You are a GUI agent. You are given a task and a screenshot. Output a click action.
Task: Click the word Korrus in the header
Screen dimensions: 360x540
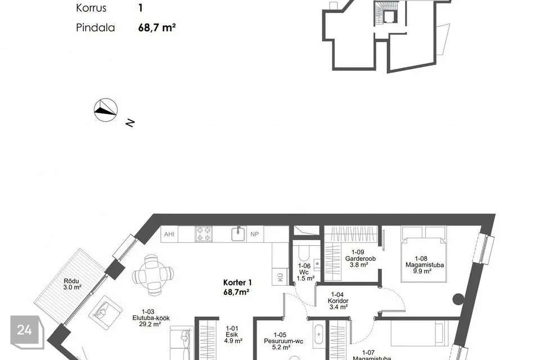coord(91,8)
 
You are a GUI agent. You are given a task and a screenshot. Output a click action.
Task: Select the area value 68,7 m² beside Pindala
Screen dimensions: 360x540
coord(157,26)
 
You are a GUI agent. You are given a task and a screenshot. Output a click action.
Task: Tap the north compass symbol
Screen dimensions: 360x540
coord(106,109)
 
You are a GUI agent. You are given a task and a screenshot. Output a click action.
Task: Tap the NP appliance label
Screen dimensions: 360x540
coord(255,234)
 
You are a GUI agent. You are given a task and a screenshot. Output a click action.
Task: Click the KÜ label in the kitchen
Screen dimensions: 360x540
coord(280,276)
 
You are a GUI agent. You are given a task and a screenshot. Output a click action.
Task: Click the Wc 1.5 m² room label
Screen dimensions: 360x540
coord(304,272)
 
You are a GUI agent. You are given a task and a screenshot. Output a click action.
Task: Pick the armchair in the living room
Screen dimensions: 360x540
coord(103,309)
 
